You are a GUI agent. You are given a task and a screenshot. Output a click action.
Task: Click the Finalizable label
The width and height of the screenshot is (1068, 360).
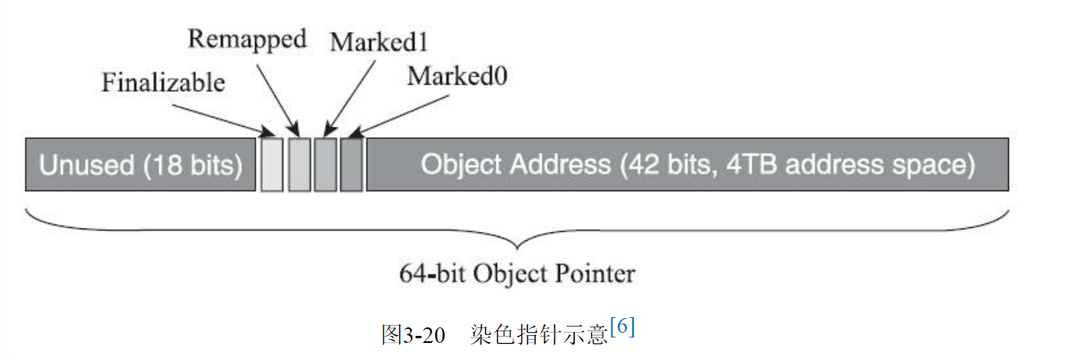click(x=163, y=82)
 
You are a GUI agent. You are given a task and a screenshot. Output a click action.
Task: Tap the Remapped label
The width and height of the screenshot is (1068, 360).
click(x=247, y=39)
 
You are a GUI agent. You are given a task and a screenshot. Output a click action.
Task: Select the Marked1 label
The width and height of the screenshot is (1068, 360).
click(x=379, y=42)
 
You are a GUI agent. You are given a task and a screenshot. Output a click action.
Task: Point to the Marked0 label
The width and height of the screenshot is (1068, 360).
click(x=457, y=76)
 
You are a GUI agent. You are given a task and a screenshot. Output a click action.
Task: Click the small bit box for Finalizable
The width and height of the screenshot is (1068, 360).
click(x=271, y=164)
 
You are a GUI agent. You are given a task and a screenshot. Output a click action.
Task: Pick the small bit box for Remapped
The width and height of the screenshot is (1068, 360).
click(x=299, y=164)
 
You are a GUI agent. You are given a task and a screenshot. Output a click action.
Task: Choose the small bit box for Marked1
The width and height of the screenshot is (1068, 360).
click(x=325, y=164)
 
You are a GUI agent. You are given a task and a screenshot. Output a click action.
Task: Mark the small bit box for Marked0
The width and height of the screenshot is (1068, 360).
click(x=352, y=164)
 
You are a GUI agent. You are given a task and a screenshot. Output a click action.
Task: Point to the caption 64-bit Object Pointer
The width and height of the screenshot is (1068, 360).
click(x=517, y=274)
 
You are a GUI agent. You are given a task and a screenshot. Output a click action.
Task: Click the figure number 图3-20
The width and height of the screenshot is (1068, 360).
click(x=413, y=334)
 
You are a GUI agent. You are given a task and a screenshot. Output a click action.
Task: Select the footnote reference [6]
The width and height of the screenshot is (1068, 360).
click(x=623, y=328)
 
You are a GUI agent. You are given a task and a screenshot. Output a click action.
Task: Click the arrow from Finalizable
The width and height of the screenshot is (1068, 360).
click(x=221, y=115)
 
